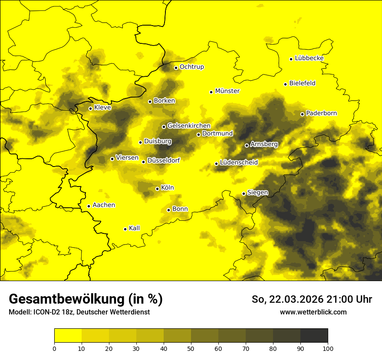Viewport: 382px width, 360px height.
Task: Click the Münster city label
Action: tap(227, 91)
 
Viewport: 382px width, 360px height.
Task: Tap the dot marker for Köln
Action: tap(157, 189)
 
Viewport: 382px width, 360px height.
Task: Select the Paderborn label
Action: tap(321, 113)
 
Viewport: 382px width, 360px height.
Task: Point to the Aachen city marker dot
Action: tap(89, 206)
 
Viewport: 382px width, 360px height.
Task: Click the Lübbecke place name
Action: tap(309, 58)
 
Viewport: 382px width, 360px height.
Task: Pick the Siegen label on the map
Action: tap(257, 193)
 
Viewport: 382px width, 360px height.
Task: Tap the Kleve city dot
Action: tap(90, 108)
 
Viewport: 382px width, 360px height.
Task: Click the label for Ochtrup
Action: tap(191, 67)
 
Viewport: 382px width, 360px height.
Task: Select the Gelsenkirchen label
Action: tap(188, 126)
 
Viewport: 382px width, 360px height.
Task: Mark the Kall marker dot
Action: tap(125, 229)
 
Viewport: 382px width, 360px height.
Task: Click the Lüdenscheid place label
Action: tap(239, 163)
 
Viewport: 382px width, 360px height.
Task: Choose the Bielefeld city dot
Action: tap(285, 84)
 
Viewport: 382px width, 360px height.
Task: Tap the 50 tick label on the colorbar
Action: tap(191, 348)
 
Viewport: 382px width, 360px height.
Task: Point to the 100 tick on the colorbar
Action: tap(328, 348)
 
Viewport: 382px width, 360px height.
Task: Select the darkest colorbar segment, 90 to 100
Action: tap(314, 336)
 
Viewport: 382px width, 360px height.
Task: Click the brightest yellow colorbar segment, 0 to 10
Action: tap(68, 336)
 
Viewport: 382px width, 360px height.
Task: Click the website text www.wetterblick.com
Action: tap(313, 312)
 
